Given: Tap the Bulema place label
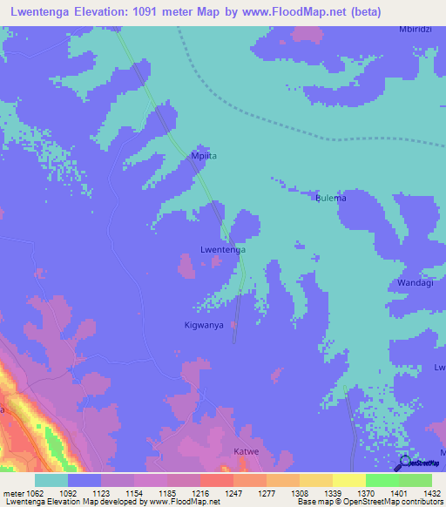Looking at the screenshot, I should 330,198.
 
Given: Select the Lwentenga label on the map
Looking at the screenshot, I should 223,249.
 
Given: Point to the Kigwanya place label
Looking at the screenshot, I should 204,325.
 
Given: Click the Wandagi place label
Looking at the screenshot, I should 415,284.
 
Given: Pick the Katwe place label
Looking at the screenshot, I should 247,451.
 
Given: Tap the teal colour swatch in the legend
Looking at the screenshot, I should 51,480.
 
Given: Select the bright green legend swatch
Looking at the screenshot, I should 382,480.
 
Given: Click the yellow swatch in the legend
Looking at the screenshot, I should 348,480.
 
